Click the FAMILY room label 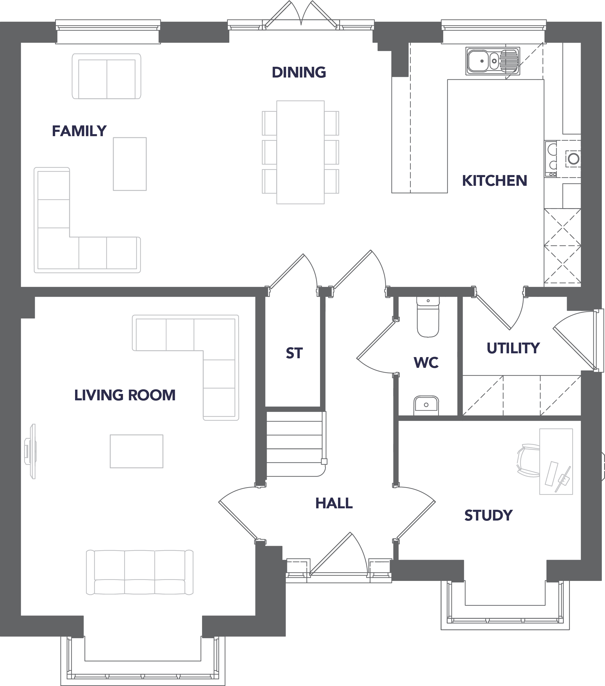click(x=79, y=131)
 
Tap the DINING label click(x=299, y=72)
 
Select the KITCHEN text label click(x=494, y=181)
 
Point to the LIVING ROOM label click(x=125, y=395)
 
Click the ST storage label click(x=294, y=353)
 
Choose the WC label click(x=426, y=363)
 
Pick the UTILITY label click(x=513, y=348)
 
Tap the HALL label click(x=334, y=503)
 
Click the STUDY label click(x=488, y=515)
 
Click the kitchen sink click(x=493, y=61)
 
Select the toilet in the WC click(x=428, y=317)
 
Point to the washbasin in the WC click(x=426, y=406)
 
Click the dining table click(x=300, y=152)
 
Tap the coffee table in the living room click(x=137, y=451)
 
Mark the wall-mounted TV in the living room click(x=30, y=451)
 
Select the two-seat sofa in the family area click(x=107, y=76)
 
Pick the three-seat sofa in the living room click(x=140, y=572)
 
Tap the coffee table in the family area click(x=130, y=164)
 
